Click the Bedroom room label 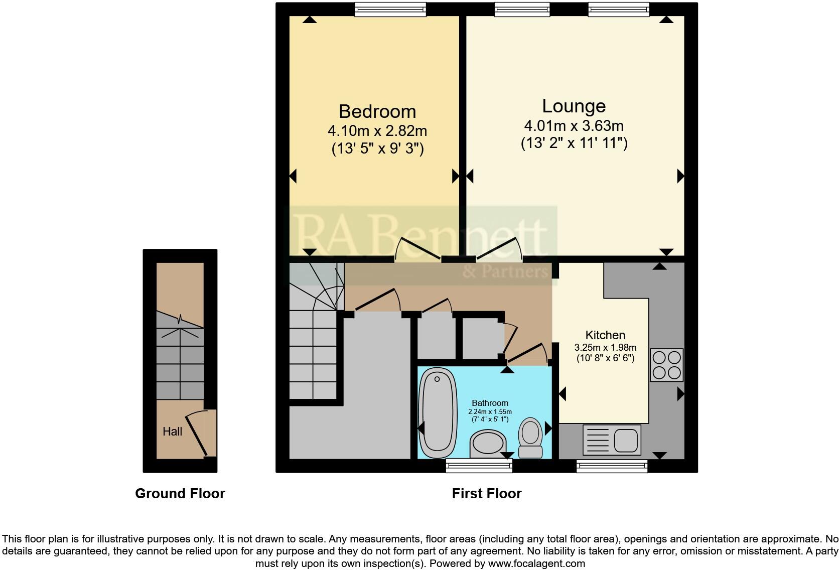tap(377, 111)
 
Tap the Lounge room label tap(574, 106)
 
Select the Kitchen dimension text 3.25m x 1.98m tap(605, 348)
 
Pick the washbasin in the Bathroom tap(487, 444)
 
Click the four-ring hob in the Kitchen tap(667, 365)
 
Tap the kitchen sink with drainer tap(612, 440)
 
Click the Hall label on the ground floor tap(172, 432)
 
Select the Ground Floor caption tap(180, 494)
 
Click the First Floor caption tap(487, 494)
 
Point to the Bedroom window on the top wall tap(390, 9)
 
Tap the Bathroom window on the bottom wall tap(479, 467)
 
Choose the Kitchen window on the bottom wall tap(612, 467)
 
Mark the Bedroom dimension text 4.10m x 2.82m tap(377, 131)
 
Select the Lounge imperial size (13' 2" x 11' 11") tap(574, 144)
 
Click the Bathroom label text tap(490, 403)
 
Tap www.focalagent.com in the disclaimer tap(536, 563)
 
